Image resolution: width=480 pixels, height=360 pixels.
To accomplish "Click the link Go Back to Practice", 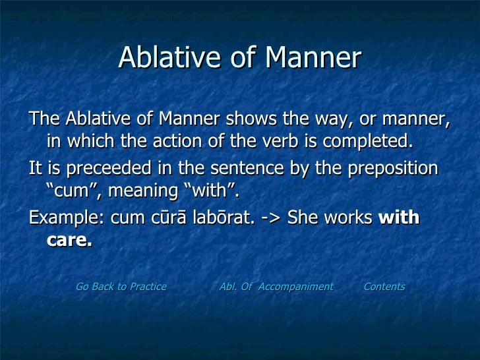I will [x=121, y=287].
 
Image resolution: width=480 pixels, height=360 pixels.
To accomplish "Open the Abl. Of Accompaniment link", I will [x=276, y=287].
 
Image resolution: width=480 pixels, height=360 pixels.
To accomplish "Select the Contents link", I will [x=384, y=287].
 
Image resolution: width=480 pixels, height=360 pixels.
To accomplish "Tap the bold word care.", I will [x=69, y=241].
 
